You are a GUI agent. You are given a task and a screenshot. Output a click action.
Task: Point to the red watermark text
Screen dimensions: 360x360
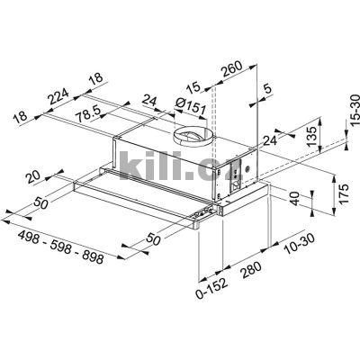180,168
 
